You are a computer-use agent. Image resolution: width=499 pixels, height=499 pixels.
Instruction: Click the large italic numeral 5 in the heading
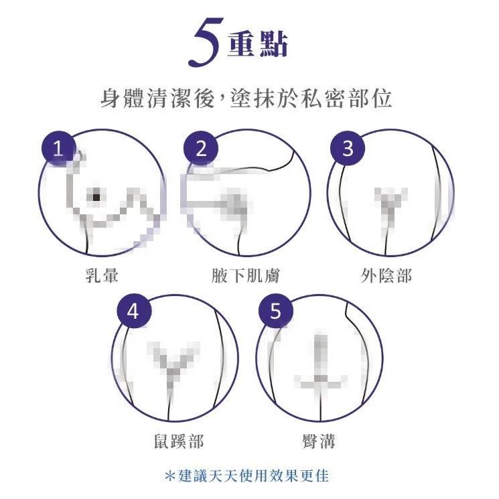206,42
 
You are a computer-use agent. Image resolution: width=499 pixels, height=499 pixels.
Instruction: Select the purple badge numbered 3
347,149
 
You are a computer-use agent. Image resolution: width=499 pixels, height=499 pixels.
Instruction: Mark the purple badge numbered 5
276,311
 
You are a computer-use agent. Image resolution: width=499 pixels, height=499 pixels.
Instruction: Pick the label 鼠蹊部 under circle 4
175,440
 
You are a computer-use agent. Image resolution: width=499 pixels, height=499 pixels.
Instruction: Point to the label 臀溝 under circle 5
319,440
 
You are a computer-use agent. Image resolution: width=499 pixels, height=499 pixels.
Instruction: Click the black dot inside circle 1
97,196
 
